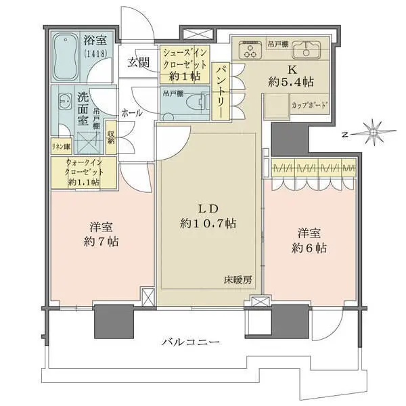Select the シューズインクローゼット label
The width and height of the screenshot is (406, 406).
(185, 62)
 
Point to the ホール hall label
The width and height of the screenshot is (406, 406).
(131, 113)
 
